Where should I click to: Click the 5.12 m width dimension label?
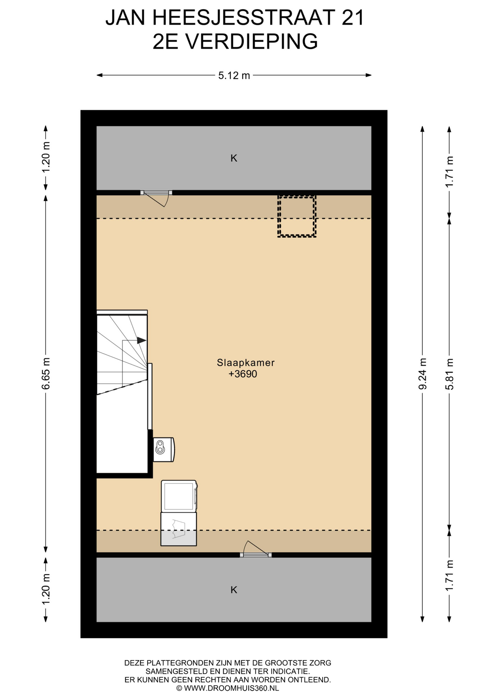pos(234,75)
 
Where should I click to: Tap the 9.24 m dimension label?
pos(422,373)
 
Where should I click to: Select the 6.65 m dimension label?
pos(46,373)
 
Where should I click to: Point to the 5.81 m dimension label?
pos(449,373)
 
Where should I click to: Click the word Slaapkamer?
pos(246,362)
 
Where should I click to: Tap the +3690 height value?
pos(243,374)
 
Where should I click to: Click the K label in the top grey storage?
pos(234,158)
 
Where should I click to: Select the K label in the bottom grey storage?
pos(234,590)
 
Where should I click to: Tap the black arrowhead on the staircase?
pos(141,340)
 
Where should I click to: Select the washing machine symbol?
pos(179,496)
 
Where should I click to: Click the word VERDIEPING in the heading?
pos(252,42)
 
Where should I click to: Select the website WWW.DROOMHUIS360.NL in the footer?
pos(231,688)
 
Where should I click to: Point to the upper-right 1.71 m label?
pos(449,172)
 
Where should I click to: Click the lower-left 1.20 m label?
pos(46,589)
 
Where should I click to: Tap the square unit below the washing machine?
pos(179,529)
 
